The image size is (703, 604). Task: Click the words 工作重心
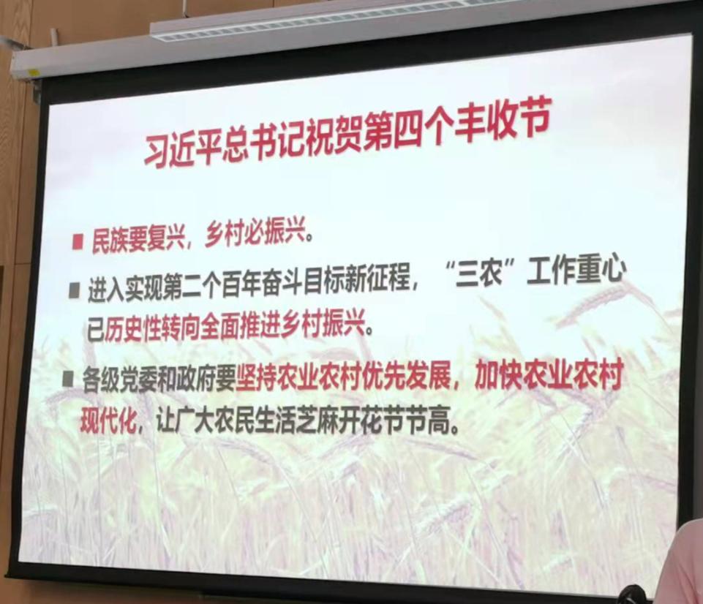click(577, 271)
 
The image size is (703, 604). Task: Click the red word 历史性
click(135, 331)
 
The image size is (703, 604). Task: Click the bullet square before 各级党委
click(69, 380)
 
